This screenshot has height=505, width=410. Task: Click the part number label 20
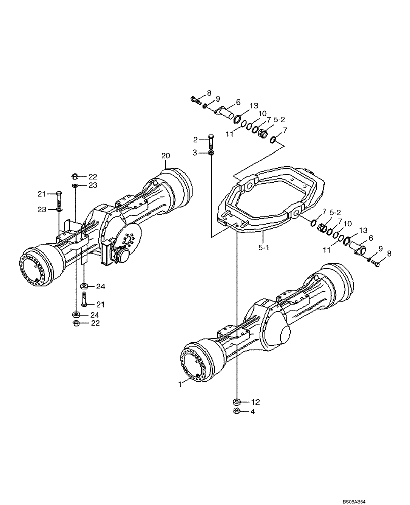click(x=166, y=155)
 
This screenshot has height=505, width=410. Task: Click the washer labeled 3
click(x=211, y=153)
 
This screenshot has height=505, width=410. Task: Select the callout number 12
click(x=255, y=402)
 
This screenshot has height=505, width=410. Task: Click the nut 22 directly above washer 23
click(x=74, y=176)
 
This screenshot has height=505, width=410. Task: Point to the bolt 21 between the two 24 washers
click(x=84, y=301)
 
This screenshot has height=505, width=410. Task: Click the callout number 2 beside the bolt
click(x=195, y=139)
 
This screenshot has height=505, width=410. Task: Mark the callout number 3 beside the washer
click(x=195, y=152)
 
